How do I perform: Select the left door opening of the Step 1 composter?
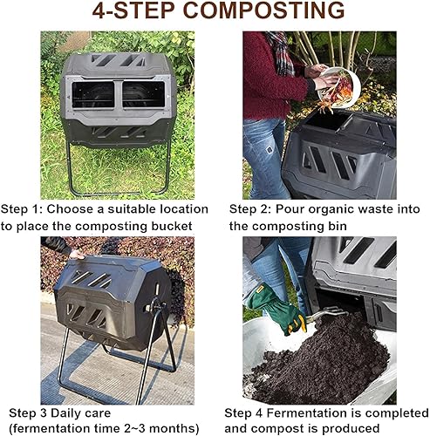[95, 95]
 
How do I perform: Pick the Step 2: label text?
[251, 209]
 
